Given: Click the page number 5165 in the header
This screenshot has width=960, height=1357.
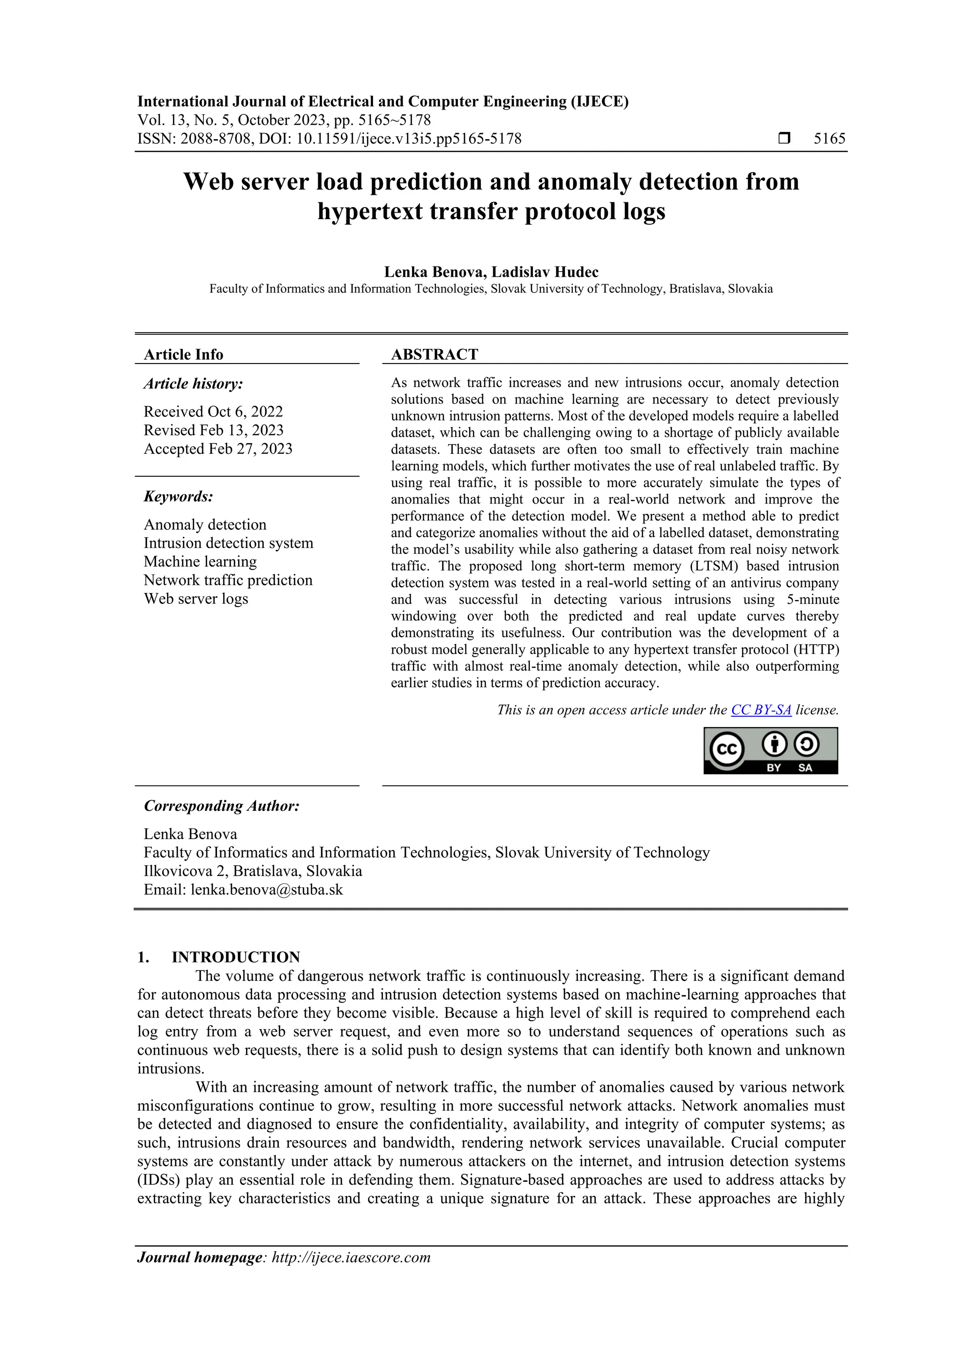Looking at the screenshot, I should [829, 139].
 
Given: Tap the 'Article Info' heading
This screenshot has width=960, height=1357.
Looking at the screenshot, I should [183, 355].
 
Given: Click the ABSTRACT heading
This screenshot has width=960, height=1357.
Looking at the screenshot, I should [434, 355].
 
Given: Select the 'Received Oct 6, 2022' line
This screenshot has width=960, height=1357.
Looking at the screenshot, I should [213, 411].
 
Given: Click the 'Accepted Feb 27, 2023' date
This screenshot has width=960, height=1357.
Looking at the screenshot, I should [217, 449].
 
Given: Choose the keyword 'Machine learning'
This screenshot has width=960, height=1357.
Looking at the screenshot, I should [200, 562].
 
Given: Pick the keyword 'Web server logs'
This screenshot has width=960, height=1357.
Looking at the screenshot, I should [196, 599].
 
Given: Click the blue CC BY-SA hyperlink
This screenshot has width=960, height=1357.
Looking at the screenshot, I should [761, 710].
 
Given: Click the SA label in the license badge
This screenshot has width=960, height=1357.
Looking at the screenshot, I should [805, 768].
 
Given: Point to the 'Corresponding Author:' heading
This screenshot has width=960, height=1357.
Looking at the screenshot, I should [222, 806].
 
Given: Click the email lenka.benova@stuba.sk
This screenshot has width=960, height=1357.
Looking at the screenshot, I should [266, 890].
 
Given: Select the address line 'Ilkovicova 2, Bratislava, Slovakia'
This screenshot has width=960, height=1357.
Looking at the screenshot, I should [253, 871].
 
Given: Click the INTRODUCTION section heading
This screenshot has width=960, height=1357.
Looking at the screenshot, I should [235, 957].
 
